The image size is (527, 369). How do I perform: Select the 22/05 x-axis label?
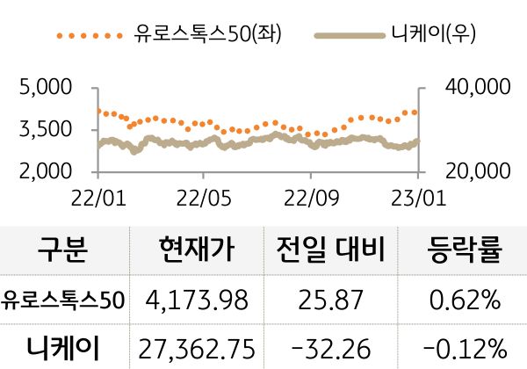click(x=203, y=194)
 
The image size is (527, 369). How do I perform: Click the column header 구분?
click(x=62, y=252)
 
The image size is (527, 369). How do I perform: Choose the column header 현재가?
click(x=199, y=252)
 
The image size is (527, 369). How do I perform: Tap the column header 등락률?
click(x=465, y=252)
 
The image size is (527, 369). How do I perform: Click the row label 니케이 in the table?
click(x=62, y=346)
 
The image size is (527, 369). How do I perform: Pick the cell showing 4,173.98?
click(x=199, y=300)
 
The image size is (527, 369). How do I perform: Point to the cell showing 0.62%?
click(x=465, y=300)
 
